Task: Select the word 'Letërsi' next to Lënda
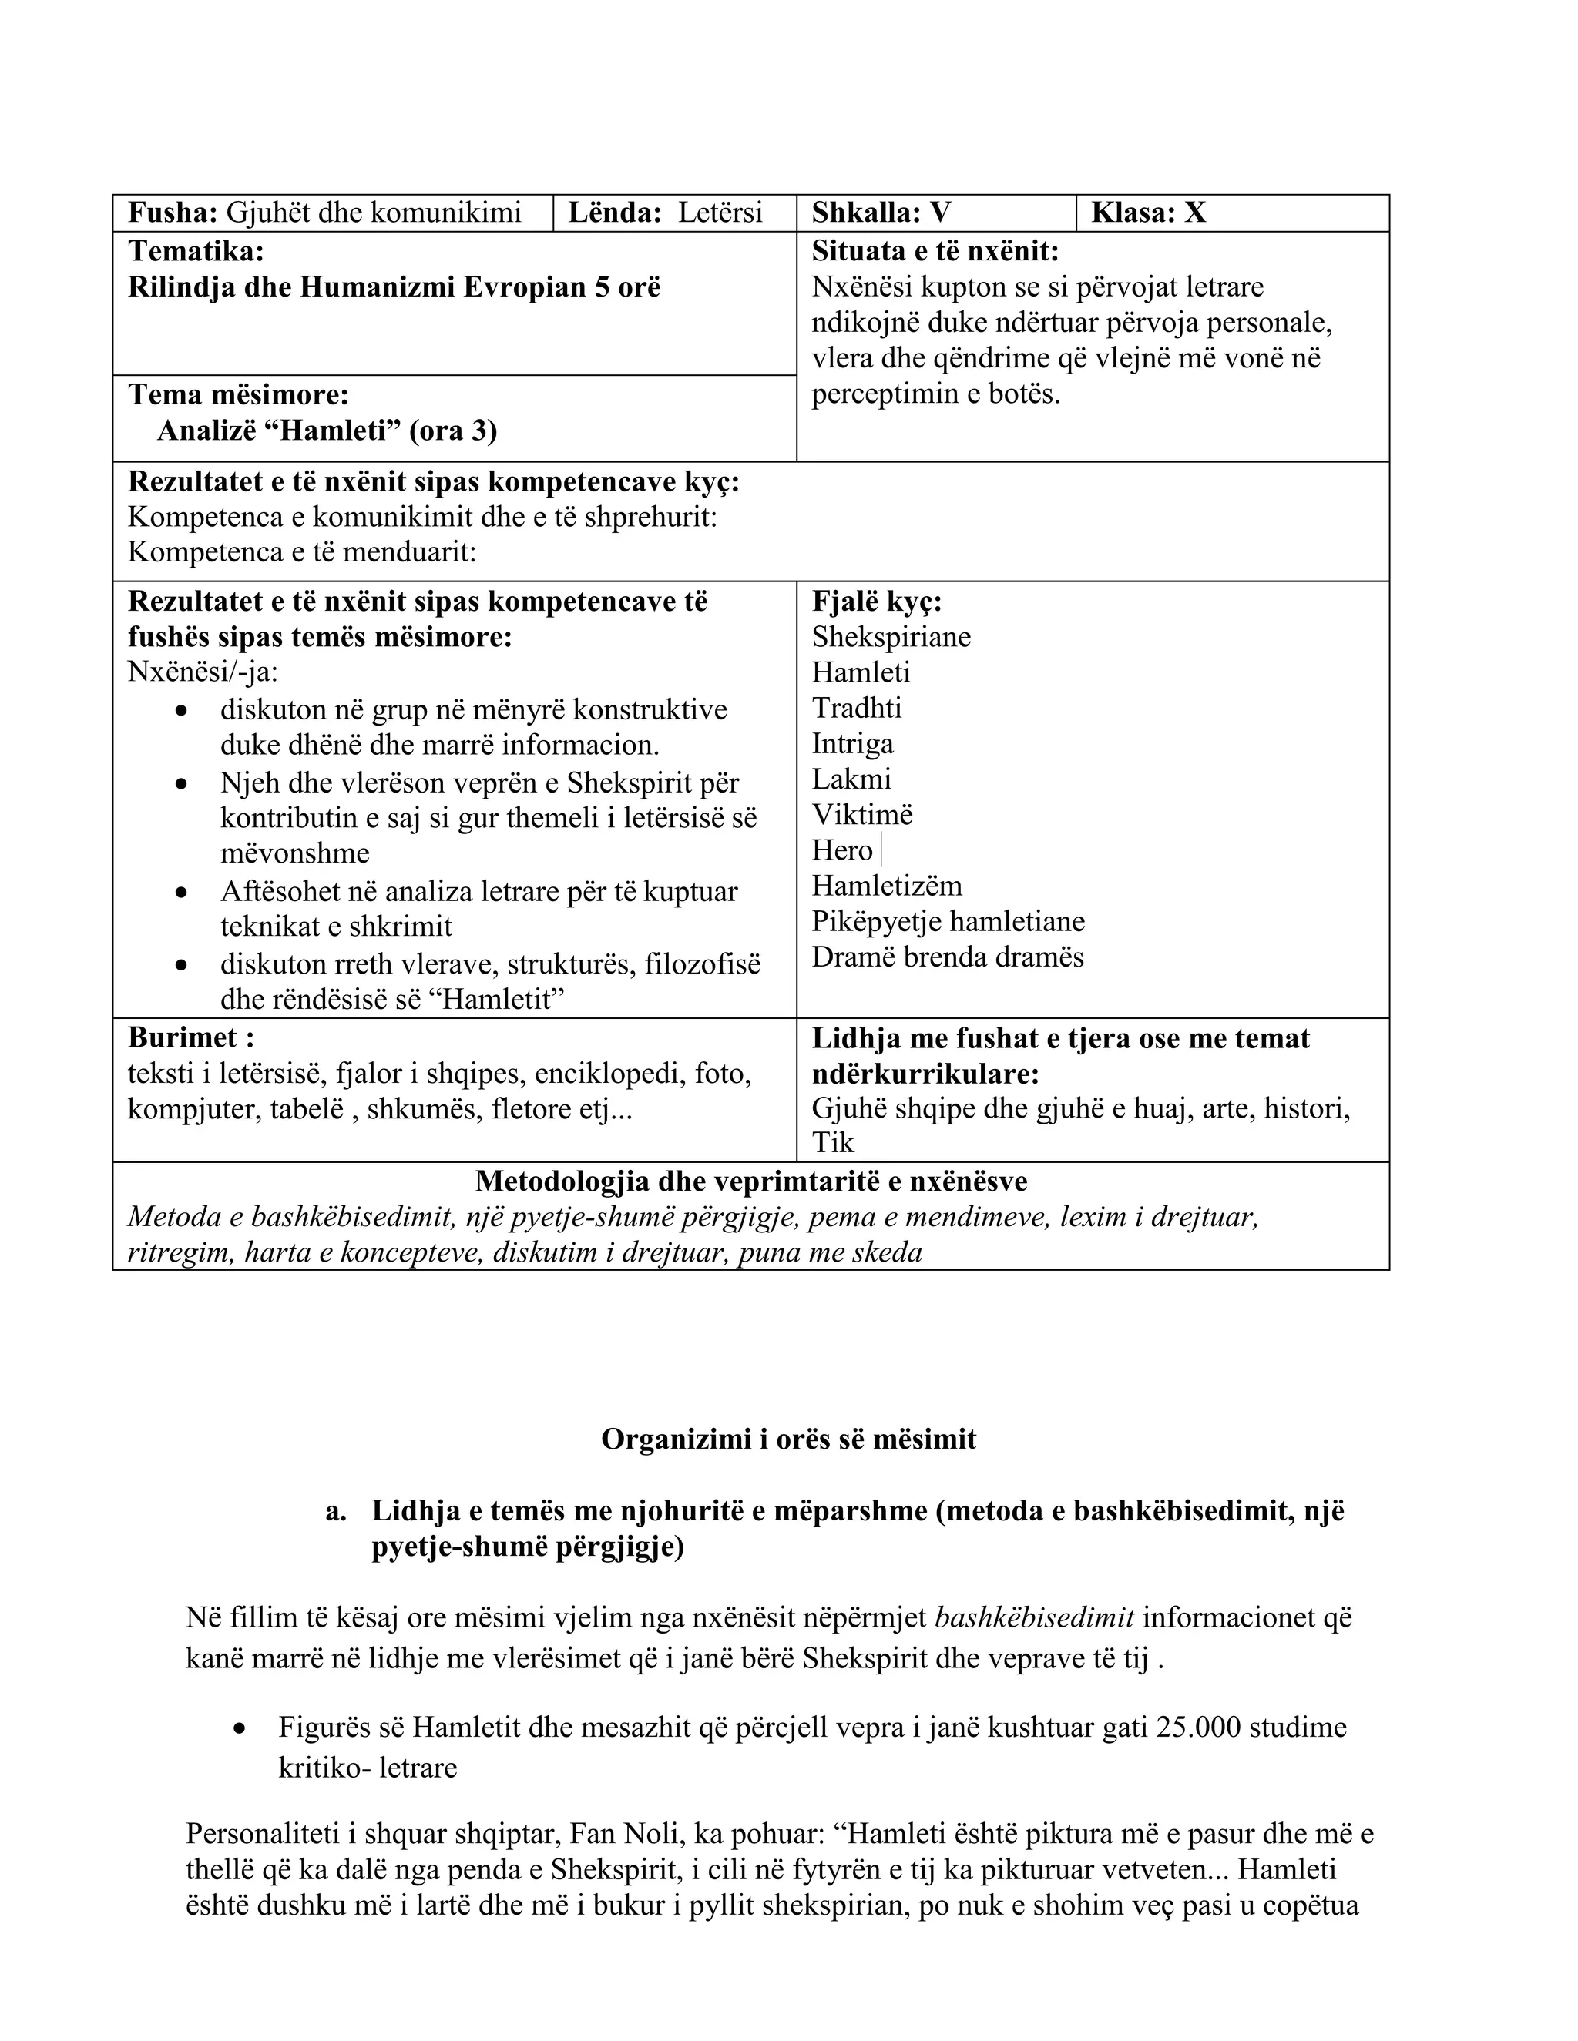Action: pyautogui.click(x=720, y=213)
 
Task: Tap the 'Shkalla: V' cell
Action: pyautogui.click(x=881, y=213)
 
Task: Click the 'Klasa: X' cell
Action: pyautogui.click(x=1148, y=213)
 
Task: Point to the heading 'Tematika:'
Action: pyautogui.click(x=196, y=250)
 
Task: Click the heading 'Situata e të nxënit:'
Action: pyautogui.click(x=935, y=250)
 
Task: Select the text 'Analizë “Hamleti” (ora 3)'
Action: pyautogui.click(x=327, y=431)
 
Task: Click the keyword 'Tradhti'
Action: pyautogui.click(x=856, y=708)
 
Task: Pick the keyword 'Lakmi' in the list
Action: pyautogui.click(x=851, y=779)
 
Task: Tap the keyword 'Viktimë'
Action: pyautogui.click(x=862, y=814)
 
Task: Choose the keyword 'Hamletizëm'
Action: pyautogui.click(x=886, y=885)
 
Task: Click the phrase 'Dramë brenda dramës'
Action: pyautogui.click(x=947, y=957)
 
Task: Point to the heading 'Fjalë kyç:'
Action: pyautogui.click(x=876, y=601)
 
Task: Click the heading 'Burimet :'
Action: pyautogui.click(x=191, y=1037)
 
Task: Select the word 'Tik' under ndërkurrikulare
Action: pyautogui.click(x=832, y=1142)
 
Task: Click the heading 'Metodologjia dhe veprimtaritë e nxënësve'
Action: pyautogui.click(x=750, y=1181)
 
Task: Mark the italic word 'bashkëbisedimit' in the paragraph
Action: pyautogui.click(x=1034, y=1617)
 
